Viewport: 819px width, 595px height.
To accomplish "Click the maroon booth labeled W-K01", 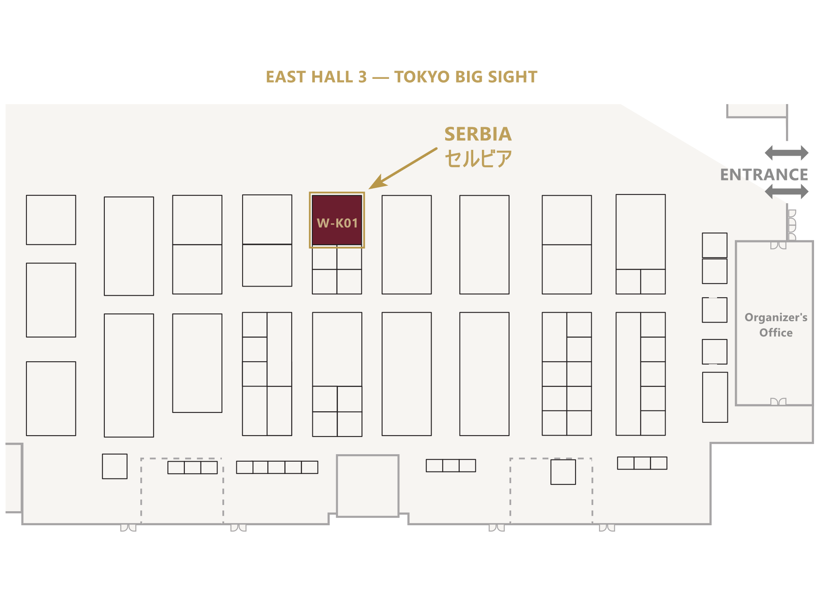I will (337, 220).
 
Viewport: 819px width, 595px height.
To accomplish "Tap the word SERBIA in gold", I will (478, 134).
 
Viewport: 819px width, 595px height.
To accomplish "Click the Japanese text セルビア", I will (478, 159).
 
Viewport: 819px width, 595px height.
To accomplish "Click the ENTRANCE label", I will (764, 175).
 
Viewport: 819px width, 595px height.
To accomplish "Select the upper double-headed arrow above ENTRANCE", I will (786, 153).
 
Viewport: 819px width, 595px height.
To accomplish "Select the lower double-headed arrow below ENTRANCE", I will (786, 192).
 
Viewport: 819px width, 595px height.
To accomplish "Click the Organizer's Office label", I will (776, 325).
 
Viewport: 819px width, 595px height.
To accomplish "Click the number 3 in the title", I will (362, 77).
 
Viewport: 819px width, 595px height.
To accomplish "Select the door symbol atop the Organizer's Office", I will (778, 245).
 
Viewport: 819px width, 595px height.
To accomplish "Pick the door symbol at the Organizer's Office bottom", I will (778, 402).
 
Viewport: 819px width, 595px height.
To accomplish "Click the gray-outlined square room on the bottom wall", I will (368, 486).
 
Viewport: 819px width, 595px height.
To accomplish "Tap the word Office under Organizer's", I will (776, 333).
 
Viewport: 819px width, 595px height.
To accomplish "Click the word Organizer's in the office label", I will (776, 318).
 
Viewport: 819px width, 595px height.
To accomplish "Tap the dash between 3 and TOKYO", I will (380, 78).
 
